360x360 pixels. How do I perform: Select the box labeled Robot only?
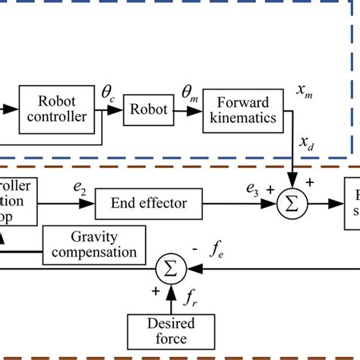point(150,109)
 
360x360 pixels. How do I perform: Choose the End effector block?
point(150,204)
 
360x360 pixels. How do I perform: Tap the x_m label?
point(305,90)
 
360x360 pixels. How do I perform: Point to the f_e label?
point(218,247)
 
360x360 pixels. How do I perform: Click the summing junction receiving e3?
point(290,204)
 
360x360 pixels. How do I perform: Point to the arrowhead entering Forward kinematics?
point(201,109)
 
